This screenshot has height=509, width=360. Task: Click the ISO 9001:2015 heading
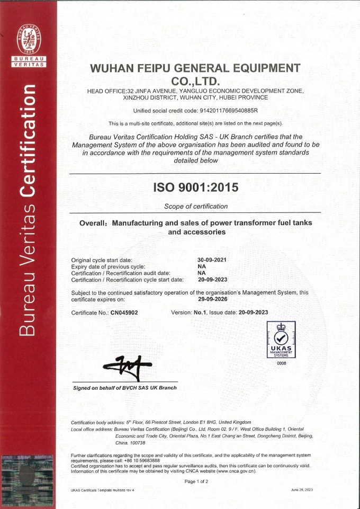tap(195, 187)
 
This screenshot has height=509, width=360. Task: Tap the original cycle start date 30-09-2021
tap(212, 260)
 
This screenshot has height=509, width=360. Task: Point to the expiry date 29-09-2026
tap(212, 299)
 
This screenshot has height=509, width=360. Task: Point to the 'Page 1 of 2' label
tap(196, 481)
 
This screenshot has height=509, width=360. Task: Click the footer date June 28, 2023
tap(301, 490)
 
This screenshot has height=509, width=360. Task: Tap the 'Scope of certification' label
tap(196, 206)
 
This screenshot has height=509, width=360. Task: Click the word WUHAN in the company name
tap(112, 68)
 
